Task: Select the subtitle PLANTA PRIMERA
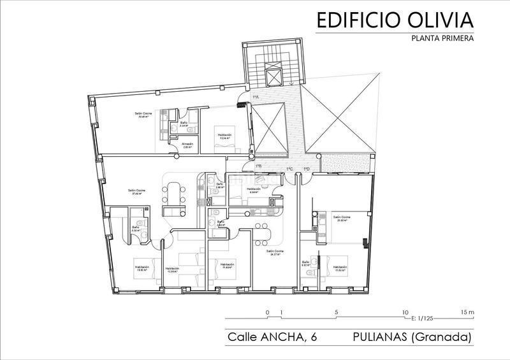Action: pyautogui.click(x=441, y=38)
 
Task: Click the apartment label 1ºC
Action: pyautogui.click(x=289, y=169)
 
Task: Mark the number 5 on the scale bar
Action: pyautogui.click(x=336, y=312)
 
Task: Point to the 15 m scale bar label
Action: pyautogui.click(x=467, y=312)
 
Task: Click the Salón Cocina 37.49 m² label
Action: pyautogui.click(x=135, y=192)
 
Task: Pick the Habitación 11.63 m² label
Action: pyautogui.click(x=339, y=269)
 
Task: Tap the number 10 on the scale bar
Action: pyautogui.click(x=405, y=312)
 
